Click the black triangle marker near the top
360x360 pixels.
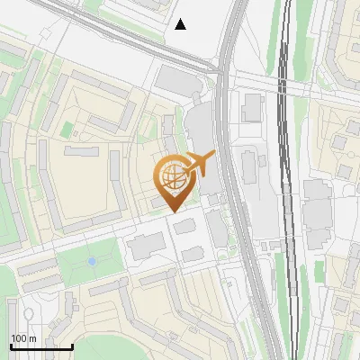pos(181,24)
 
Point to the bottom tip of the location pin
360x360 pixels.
pos(172,211)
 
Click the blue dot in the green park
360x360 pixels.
pos(92,262)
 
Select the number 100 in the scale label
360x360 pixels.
pos(18,338)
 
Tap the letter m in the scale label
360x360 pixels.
pos(32,338)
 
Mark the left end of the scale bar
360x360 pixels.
pos(10,346)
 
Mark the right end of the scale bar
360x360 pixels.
pos(72,346)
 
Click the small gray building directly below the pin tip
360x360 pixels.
pos(184,226)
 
